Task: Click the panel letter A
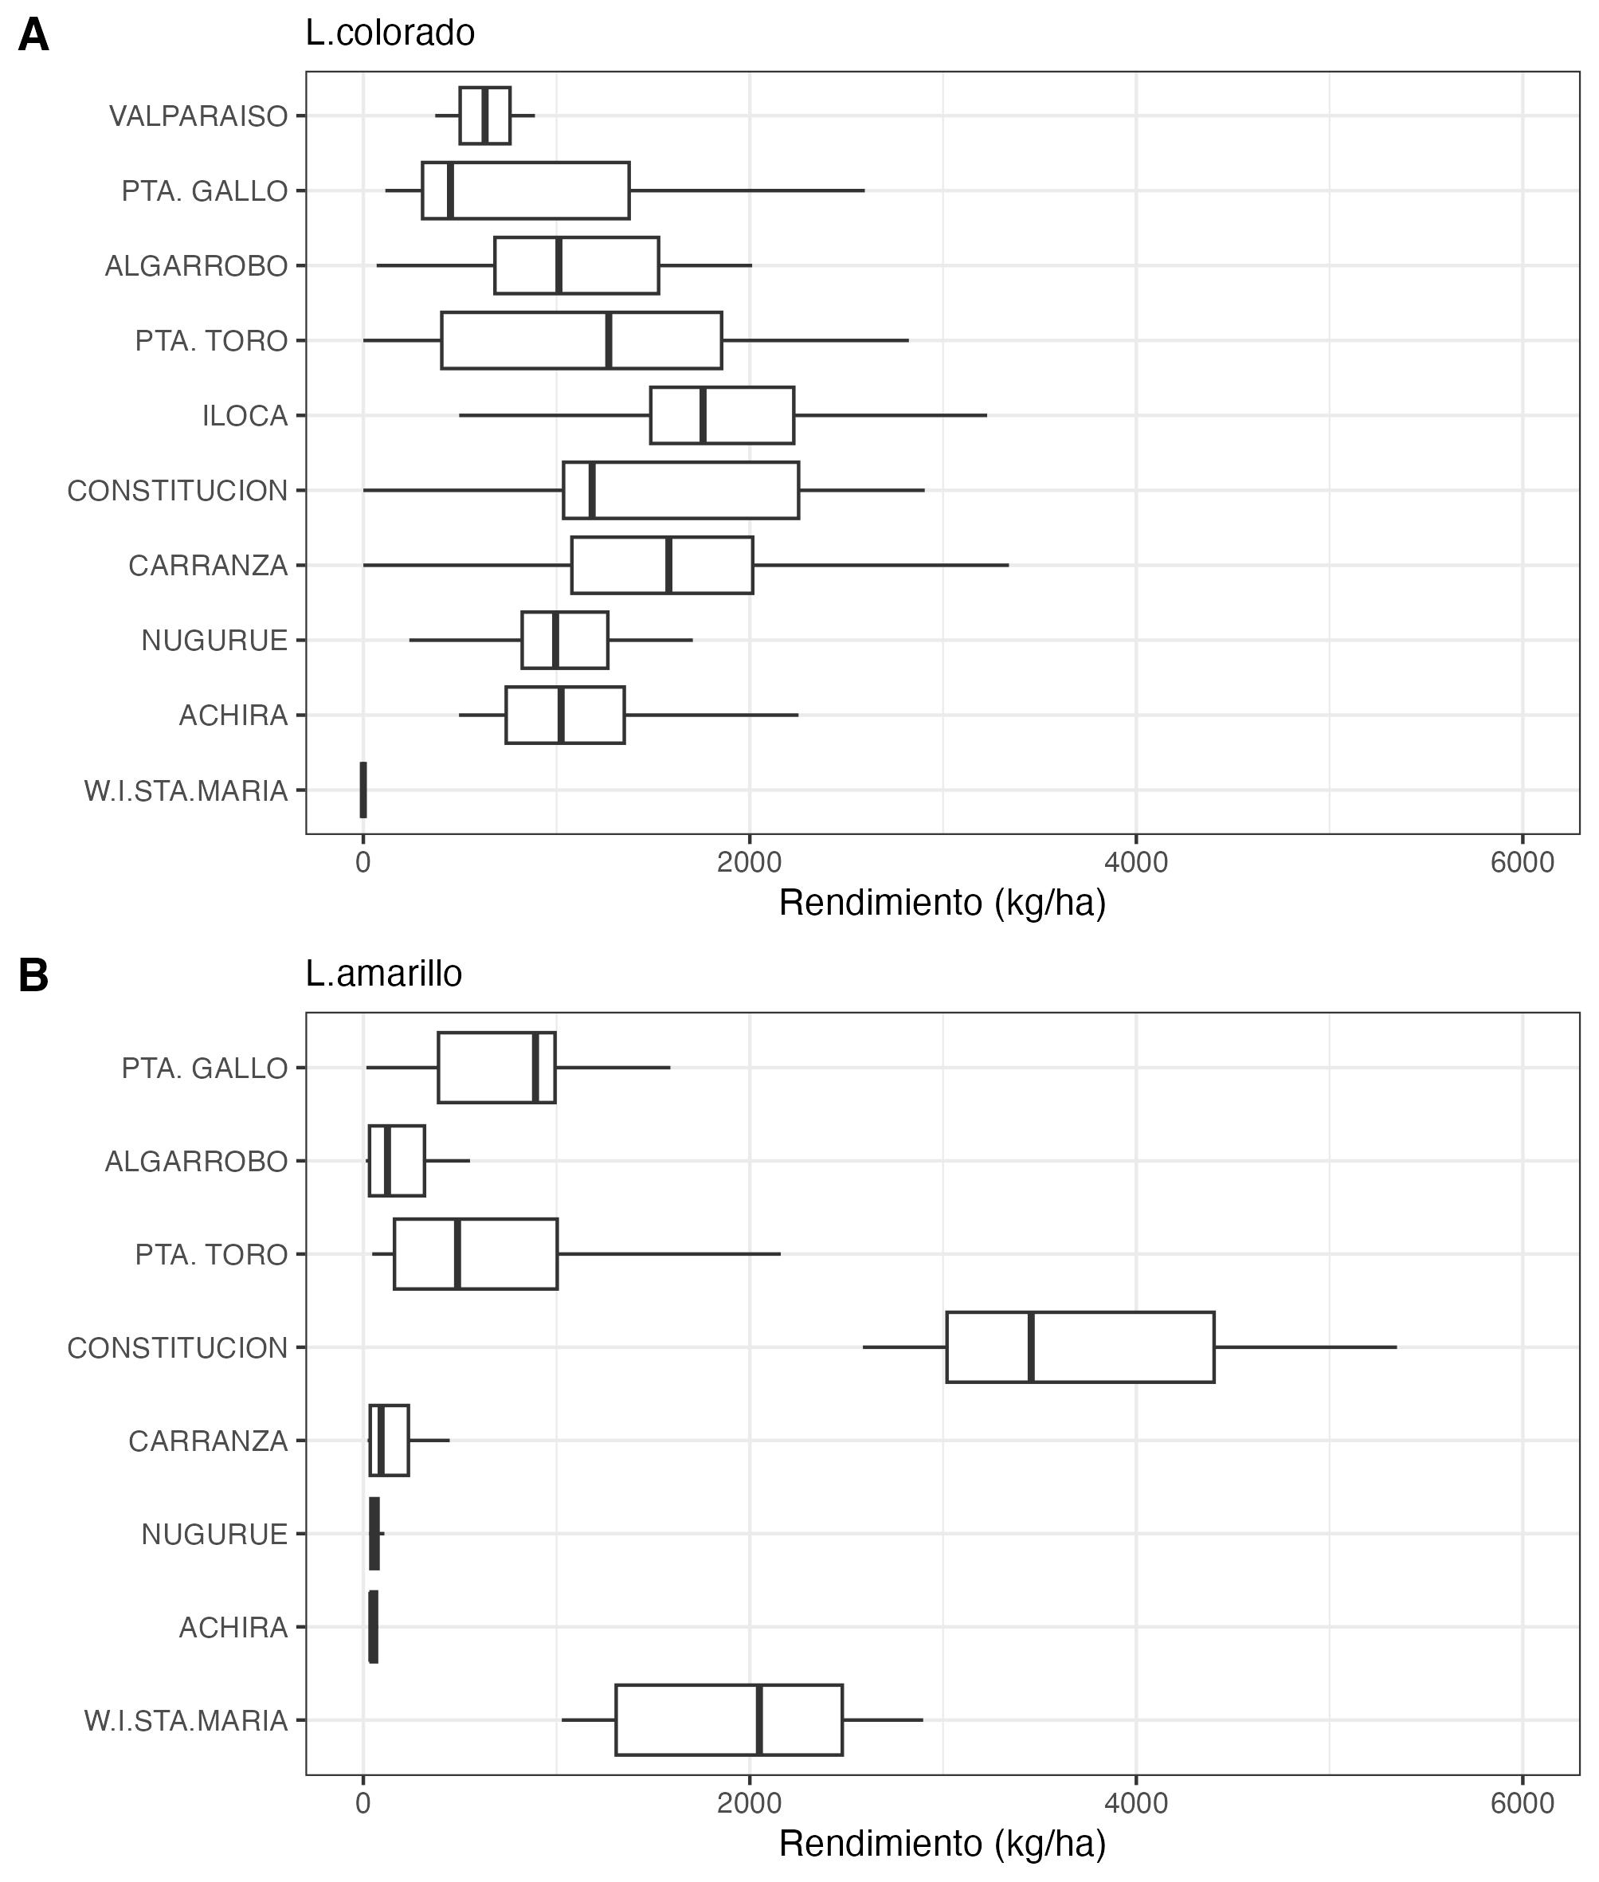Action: tap(33, 37)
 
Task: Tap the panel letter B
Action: tap(33, 976)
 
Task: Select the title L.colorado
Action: tap(390, 33)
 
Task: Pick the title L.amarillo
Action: tap(383, 974)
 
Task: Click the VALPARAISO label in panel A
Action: tap(198, 117)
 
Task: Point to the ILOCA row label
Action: tap(245, 416)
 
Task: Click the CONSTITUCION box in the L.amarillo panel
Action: tap(1080, 1347)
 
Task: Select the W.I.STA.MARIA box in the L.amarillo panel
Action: tap(729, 1719)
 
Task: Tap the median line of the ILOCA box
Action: tap(703, 416)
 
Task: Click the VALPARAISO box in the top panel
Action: tap(485, 116)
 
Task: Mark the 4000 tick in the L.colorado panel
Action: tap(1136, 862)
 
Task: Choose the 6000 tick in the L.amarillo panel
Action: tap(1522, 1803)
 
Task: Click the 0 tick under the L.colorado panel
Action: tap(363, 862)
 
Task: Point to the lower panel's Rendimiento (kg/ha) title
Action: tap(942, 1844)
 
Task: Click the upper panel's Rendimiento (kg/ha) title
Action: tap(942, 903)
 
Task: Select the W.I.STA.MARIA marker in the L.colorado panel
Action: tap(363, 790)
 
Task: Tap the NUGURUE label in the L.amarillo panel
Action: tap(214, 1534)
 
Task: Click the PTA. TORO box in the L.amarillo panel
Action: tap(475, 1254)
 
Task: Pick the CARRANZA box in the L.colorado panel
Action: tap(662, 566)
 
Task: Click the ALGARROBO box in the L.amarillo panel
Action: tap(397, 1161)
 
